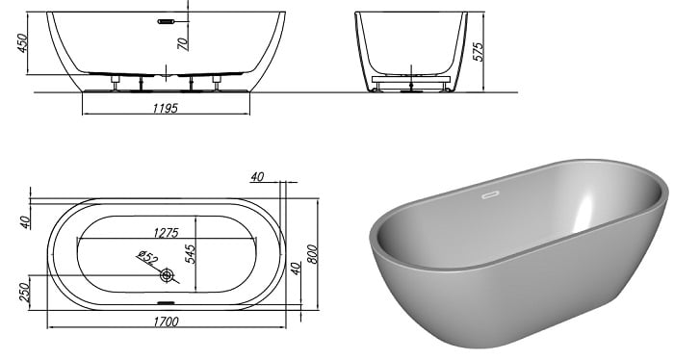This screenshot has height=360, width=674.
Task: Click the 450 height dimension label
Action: click(22, 43)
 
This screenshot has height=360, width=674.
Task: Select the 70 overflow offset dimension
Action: click(183, 43)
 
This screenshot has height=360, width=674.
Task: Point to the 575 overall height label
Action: click(479, 52)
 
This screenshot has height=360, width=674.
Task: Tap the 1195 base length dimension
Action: click(165, 108)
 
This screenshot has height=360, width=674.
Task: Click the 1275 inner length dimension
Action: click(166, 233)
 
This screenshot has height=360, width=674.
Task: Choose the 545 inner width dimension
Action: click(191, 254)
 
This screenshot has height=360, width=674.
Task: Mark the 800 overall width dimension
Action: click(313, 254)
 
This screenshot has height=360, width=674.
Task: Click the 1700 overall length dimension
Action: click(167, 321)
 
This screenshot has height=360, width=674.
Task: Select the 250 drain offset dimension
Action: click(25, 292)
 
